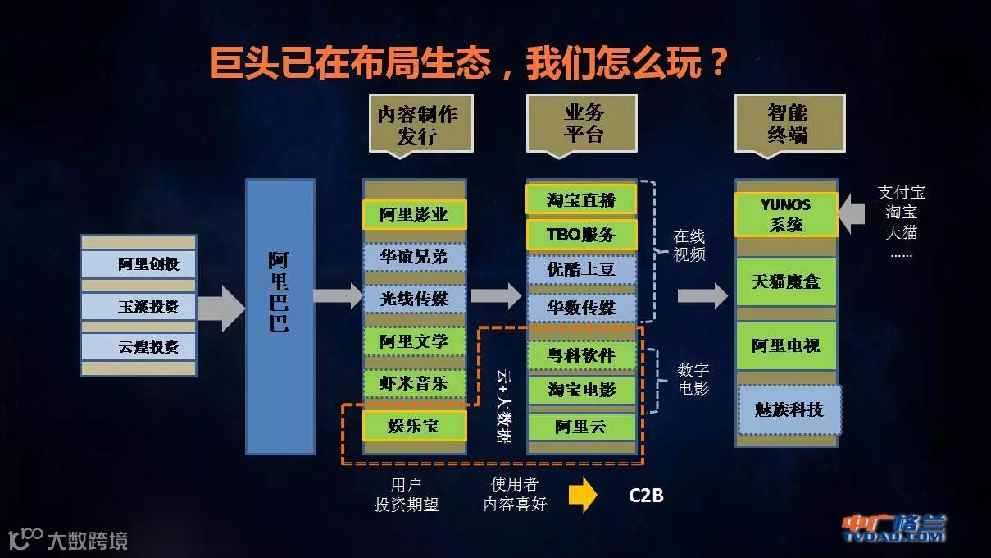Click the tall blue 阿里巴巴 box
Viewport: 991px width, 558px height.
pos(280,316)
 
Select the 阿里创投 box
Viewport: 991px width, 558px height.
pos(139,263)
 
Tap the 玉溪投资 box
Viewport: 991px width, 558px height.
pos(139,306)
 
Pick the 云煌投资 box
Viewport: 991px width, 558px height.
pos(139,346)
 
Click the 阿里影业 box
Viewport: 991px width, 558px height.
pos(414,214)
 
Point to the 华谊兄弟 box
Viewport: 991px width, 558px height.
pos(414,257)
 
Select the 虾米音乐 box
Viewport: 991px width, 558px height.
pos(414,382)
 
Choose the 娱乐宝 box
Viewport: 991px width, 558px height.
pos(414,426)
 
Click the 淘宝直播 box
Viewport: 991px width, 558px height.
pos(581,199)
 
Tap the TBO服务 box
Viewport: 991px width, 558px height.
pos(581,235)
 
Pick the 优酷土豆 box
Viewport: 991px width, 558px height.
pos(581,269)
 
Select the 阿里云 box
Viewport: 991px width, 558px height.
pos(581,427)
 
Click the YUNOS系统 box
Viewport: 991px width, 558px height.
pos(786,214)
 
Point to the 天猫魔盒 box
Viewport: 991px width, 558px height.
pos(786,281)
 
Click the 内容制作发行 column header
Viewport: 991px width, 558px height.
pos(420,123)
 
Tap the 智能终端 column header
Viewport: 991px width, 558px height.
pos(789,123)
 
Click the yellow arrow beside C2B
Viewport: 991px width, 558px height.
pos(583,495)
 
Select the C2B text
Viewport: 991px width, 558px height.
pos(646,496)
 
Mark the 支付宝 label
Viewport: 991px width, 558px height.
pos(901,193)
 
